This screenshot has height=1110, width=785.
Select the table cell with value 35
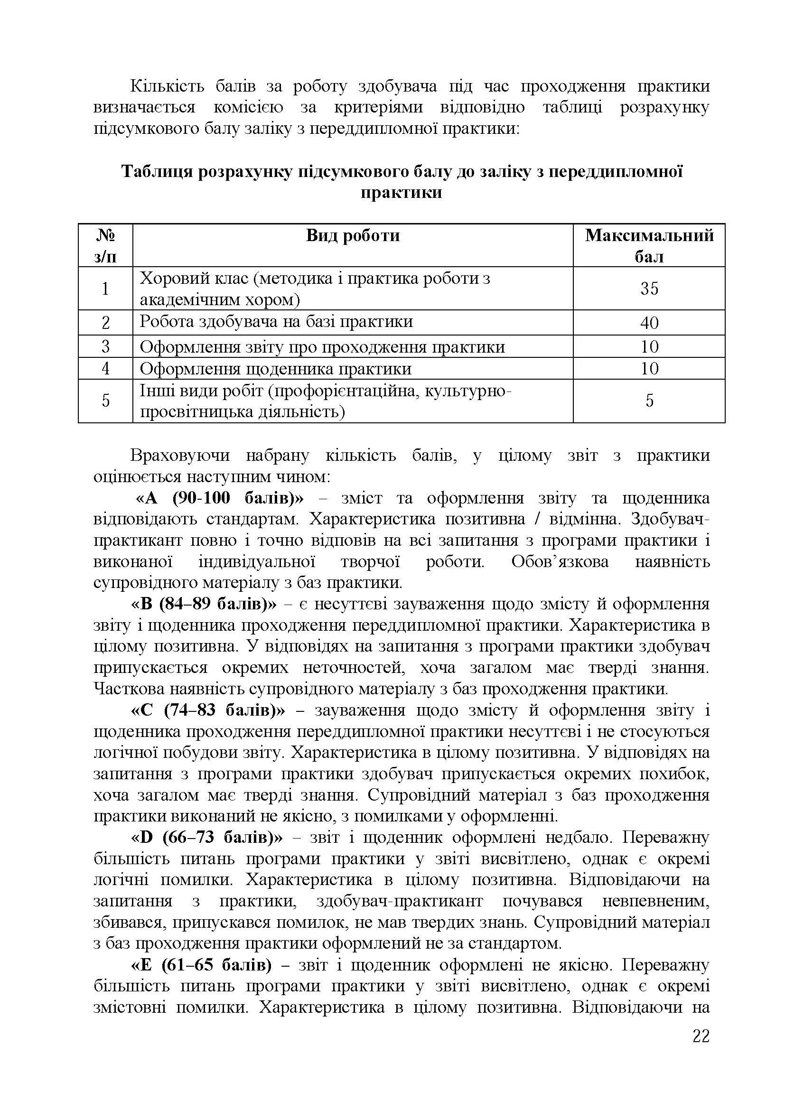(x=649, y=289)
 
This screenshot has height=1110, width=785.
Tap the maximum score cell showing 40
(x=649, y=322)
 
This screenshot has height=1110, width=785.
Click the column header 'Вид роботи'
(x=352, y=235)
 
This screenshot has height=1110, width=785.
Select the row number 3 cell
(x=105, y=346)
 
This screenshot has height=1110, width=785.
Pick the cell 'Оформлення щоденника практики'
(x=276, y=369)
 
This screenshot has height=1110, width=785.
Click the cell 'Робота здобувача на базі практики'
(x=276, y=322)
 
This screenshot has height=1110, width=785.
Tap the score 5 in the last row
(x=649, y=401)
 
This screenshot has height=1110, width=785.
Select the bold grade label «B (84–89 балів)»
(x=204, y=604)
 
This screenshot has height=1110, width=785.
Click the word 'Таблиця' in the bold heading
(x=156, y=172)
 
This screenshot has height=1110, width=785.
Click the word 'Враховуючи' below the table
(x=179, y=456)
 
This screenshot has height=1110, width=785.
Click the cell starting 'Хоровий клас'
(x=314, y=289)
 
